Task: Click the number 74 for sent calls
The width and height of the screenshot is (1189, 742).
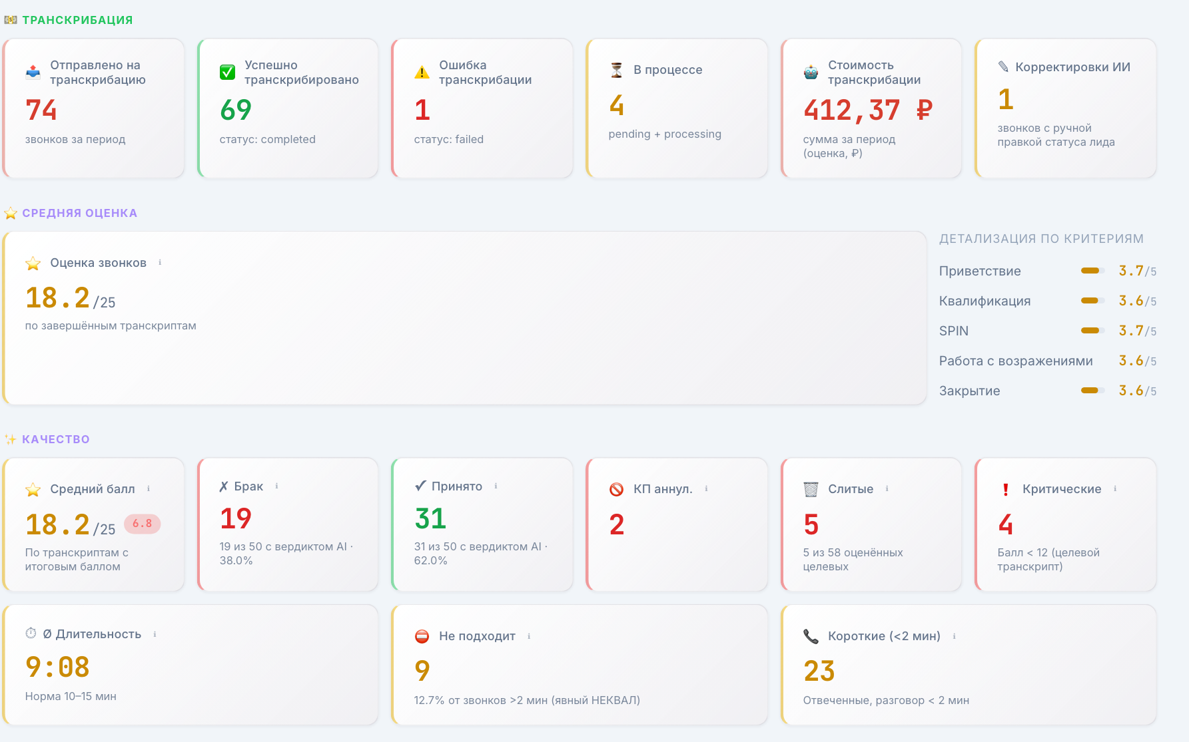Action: pos(41,110)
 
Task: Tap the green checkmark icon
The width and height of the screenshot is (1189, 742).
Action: pos(227,72)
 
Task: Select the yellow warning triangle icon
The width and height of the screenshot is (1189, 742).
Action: pos(422,72)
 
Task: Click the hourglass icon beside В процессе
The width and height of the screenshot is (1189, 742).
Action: pos(617,70)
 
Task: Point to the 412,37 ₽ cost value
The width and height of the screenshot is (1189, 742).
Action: pos(868,110)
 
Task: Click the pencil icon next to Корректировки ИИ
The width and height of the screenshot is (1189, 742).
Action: pos(1003,67)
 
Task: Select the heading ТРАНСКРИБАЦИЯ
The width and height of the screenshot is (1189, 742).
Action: pos(77,20)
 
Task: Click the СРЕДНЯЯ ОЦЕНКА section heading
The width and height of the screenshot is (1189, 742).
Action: pos(79,213)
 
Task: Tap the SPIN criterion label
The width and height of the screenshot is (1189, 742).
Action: pos(954,331)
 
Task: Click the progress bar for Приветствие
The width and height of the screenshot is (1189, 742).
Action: pos(1092,271)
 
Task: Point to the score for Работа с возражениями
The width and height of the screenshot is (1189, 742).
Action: pos(1137,361)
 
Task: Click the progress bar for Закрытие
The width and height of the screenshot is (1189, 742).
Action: pos(1092,391)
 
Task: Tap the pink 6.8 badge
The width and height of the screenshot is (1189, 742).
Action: pos(142,524)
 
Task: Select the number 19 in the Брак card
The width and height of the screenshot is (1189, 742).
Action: pos(236,518)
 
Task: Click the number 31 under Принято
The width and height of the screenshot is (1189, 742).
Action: pos(430,518)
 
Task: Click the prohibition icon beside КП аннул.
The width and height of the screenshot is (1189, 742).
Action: pos(617,489)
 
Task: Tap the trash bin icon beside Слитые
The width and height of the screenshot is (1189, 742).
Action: pos(811,489)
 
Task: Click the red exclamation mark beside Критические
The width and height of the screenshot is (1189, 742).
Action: pos(1005,489)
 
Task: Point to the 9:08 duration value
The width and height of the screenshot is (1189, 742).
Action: pos(57,667)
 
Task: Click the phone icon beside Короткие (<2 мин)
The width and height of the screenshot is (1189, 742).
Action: pos(811,636)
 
